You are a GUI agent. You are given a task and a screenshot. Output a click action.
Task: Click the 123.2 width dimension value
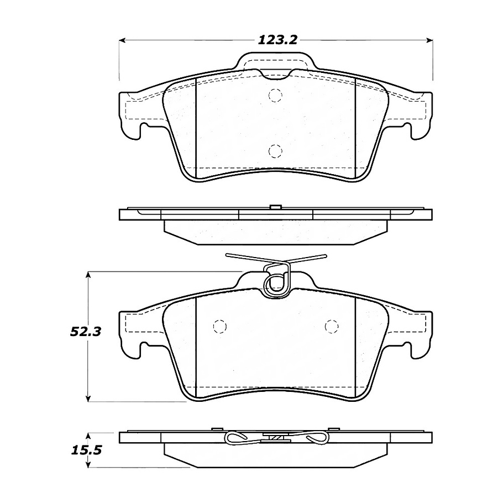278,40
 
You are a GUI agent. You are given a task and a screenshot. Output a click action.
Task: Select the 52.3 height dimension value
86,332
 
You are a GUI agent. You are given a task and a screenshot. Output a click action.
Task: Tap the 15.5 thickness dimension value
86,450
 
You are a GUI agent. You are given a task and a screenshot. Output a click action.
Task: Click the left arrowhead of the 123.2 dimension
122,40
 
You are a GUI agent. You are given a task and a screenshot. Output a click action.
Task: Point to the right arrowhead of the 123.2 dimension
429,40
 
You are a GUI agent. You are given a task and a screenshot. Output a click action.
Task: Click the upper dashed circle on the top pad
275,95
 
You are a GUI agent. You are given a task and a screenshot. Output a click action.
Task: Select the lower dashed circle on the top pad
275,151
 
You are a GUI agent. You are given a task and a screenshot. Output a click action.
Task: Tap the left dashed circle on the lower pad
220,327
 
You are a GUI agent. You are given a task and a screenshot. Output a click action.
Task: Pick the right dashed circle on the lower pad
332,327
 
